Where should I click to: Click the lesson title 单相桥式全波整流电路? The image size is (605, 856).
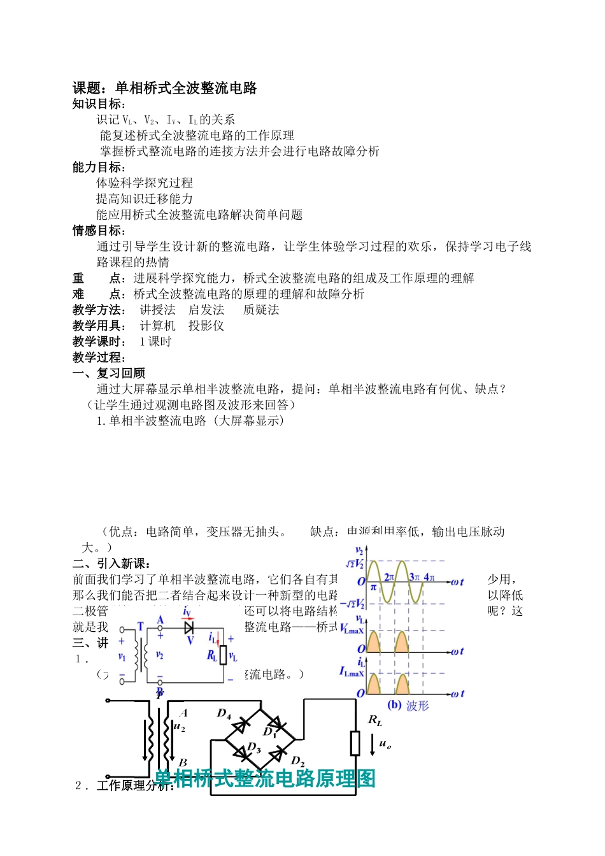(185, 88)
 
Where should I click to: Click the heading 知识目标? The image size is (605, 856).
(99, 104)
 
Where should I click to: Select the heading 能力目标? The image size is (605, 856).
(99, 168)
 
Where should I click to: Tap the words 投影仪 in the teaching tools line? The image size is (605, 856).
(206, 326)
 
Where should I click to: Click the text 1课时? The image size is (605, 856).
(155, 342)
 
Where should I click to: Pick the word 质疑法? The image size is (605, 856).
(261, 310)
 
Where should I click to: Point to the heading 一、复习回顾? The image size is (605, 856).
(109, 373)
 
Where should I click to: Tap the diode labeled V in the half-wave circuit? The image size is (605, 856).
(189, 628)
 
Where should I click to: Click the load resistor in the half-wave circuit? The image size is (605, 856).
(223, 655)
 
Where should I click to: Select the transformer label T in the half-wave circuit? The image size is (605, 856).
(141, 627)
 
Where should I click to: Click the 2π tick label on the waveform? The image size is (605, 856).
(389, 577)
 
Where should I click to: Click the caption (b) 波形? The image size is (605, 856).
(408, 705)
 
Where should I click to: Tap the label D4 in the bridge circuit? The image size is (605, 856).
(224, 714)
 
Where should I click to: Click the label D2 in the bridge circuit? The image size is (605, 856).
(297, 761)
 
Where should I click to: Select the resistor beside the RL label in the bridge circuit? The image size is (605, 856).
(355, 743)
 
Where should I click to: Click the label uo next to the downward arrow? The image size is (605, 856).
(385, 743)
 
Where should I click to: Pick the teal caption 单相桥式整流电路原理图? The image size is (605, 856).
(266, 778)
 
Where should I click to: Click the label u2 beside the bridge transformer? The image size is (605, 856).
(180, 726)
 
